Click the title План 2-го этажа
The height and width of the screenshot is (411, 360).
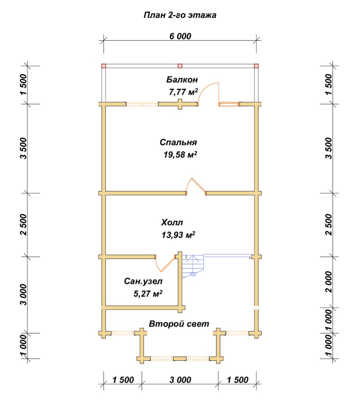click(180, 15)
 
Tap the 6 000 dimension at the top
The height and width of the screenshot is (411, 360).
click(180, 36)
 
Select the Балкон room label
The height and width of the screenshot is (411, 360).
click(182, 80)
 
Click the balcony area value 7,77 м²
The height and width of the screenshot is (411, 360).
click(183, 92)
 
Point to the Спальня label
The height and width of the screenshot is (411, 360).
click(178, 142)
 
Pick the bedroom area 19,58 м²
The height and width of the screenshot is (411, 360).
click(180, 154)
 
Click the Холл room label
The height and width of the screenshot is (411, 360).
click(172, 223)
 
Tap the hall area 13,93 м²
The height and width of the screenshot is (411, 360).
click(178, 235)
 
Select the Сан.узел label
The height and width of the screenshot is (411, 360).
click(143, 281)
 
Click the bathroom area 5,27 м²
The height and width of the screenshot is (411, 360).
click(148, 293)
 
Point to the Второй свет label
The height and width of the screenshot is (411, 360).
click(179, 324)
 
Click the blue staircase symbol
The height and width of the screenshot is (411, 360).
click(193, 266)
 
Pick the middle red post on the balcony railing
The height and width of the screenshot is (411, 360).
click(180, 66)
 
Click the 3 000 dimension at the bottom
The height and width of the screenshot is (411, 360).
click(180, 380)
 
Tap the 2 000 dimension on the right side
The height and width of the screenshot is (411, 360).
click(329, 282)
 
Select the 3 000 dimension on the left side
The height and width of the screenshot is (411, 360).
click(23, 294)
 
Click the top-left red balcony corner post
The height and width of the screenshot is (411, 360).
click(104, 66)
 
